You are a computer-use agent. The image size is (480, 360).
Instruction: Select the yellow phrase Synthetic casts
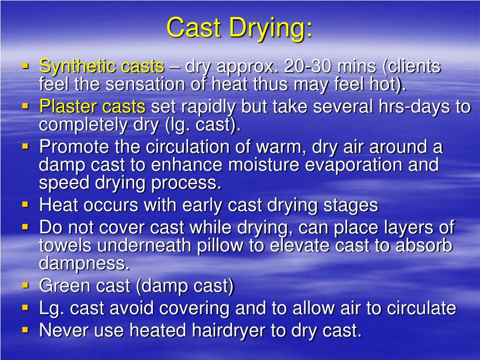click(102, 67)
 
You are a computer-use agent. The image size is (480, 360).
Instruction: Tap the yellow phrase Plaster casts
click(92, 107)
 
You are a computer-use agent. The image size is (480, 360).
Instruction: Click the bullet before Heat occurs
click(25, 205)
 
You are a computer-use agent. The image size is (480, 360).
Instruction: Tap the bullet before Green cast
click(25, 285)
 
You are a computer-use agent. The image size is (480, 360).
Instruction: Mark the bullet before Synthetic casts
click(25, 66)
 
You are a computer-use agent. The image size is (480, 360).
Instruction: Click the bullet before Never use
click(25, 330)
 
